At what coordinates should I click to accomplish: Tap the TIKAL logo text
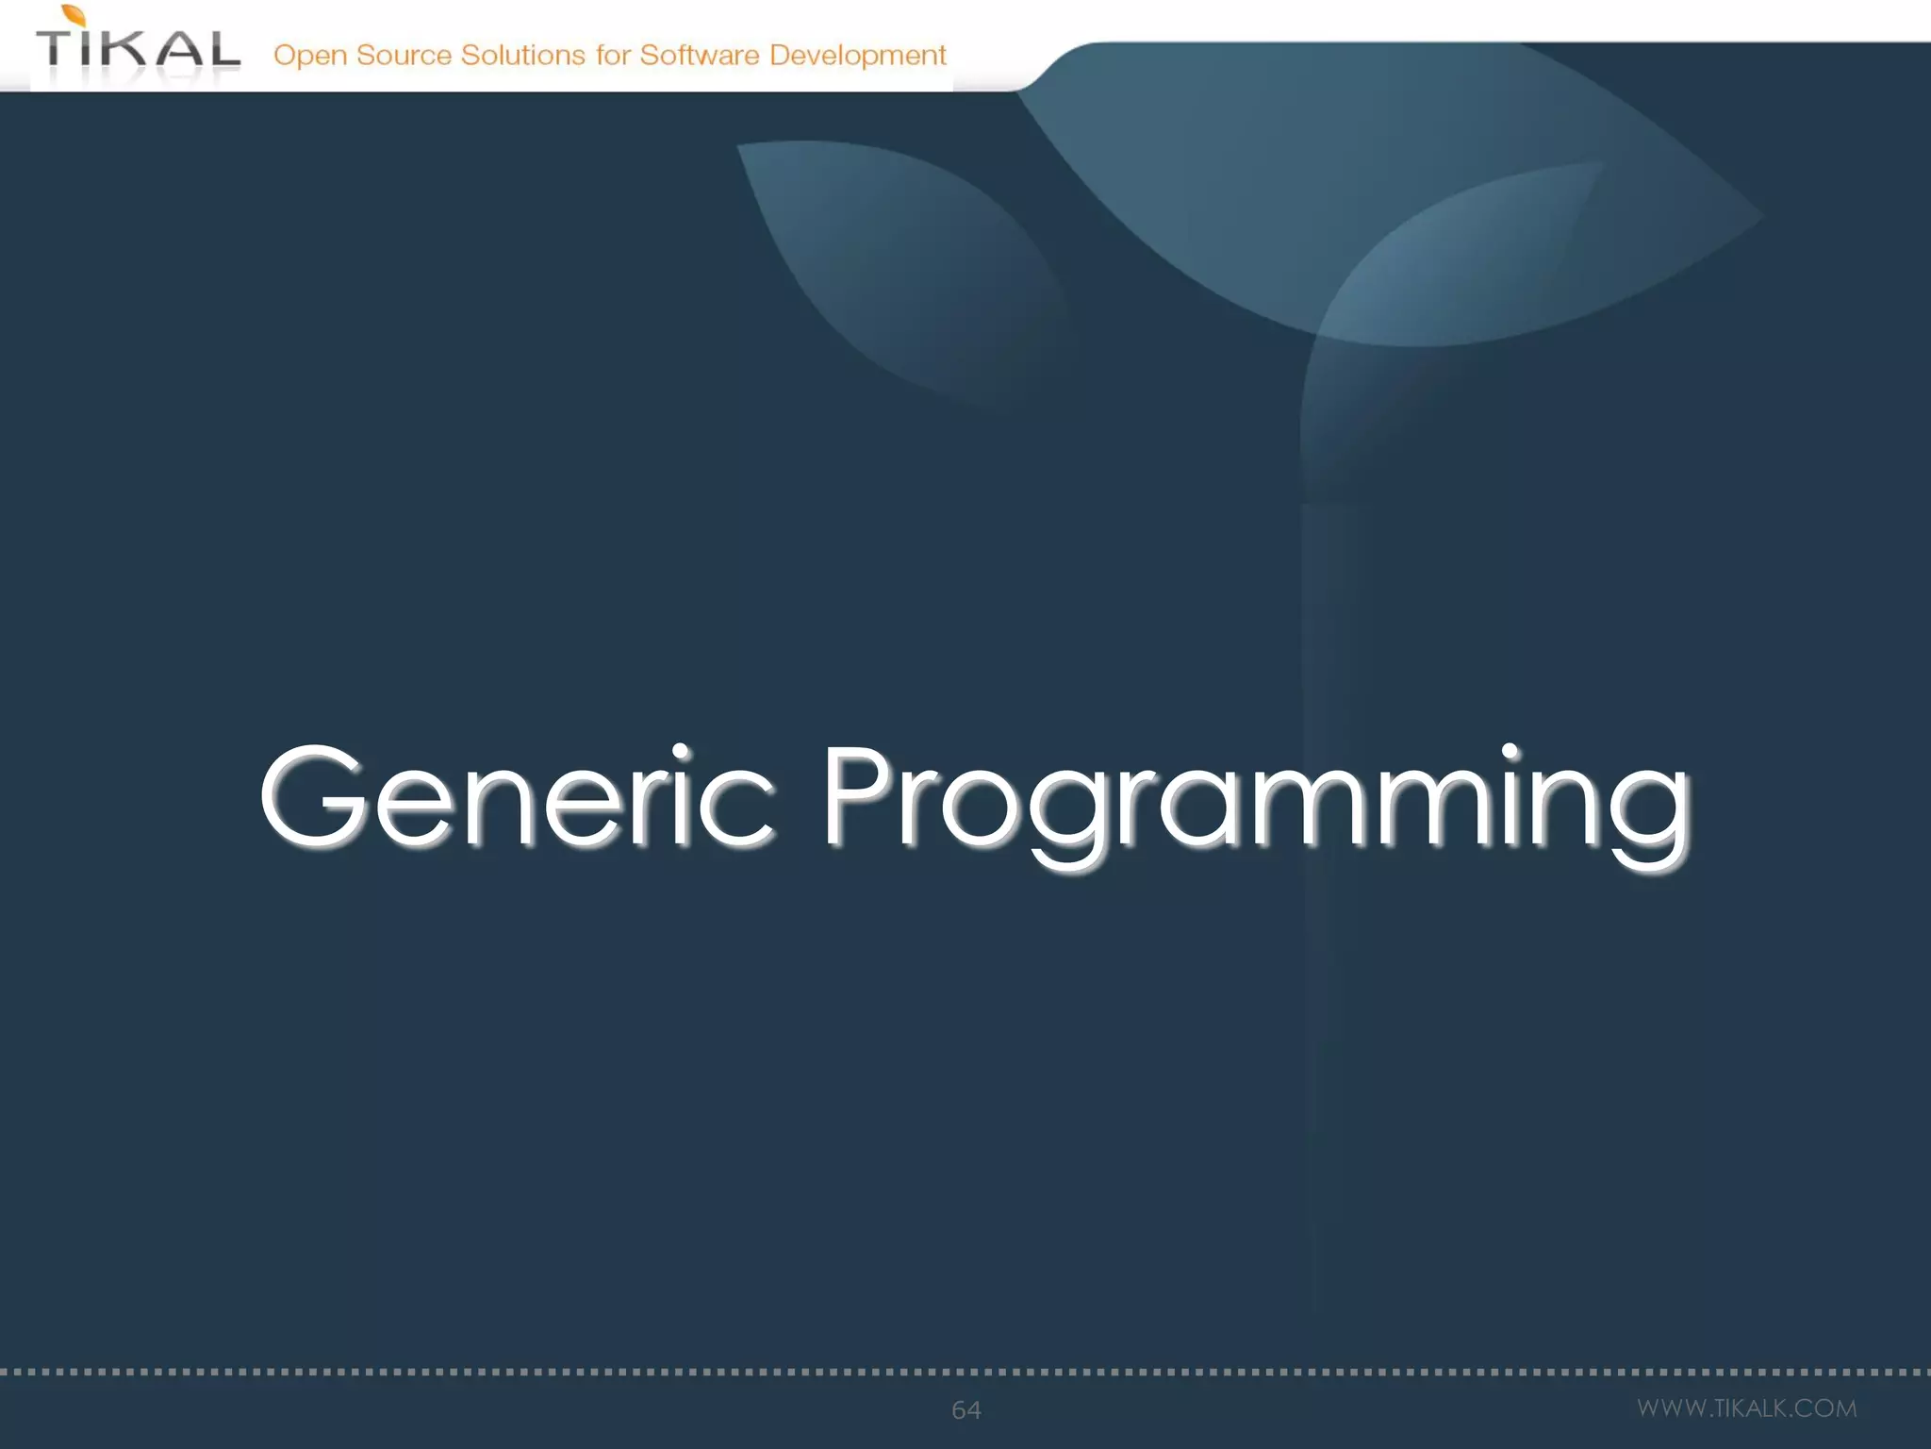[138, 49]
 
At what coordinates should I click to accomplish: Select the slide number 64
[965, 1409]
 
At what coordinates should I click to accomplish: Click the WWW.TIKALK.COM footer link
[1746, 1407]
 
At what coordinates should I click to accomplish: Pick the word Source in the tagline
[404, 55]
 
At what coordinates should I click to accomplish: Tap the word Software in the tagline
[700, 55]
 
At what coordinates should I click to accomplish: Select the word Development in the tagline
[857, 56]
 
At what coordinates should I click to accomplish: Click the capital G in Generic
[313, 797]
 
